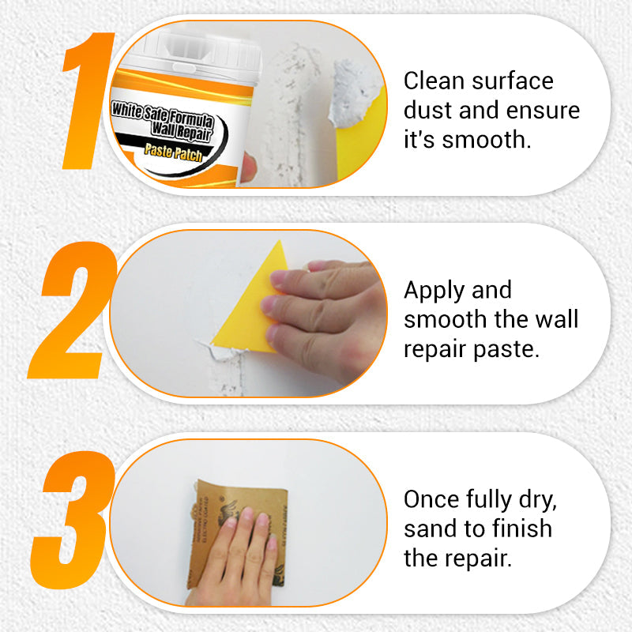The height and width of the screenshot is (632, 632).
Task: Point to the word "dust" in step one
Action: (428, 111)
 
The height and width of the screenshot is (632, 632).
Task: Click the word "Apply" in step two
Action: (435, 291)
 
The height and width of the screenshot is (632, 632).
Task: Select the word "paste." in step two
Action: (505, 349)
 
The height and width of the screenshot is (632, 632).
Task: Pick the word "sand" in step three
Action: (431, 529)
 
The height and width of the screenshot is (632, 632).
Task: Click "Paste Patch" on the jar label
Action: (174, 152)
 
